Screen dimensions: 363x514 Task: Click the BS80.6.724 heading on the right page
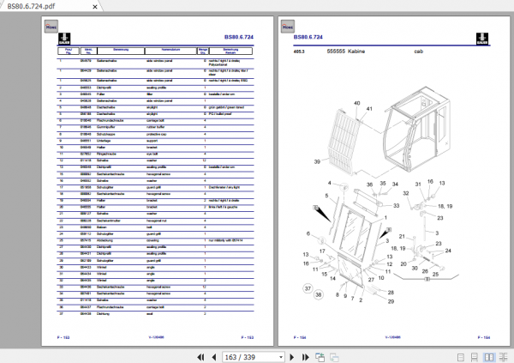click(x=308, y=38)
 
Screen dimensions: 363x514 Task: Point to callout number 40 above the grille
click(x=356, y=103)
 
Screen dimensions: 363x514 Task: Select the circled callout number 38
click(x=319, y=295)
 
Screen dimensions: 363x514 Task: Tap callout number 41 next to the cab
click(x=370, y=109)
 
